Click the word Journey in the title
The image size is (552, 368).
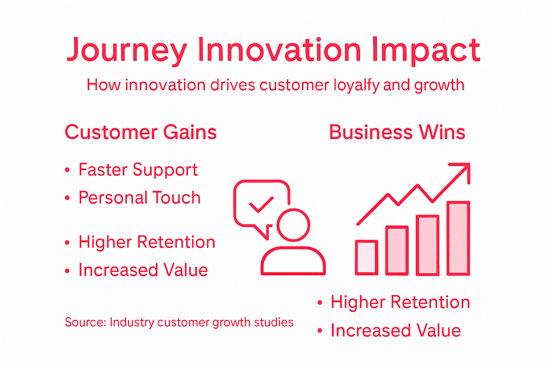point(127,50)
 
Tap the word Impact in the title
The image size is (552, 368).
point(426,50)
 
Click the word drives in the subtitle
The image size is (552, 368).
point(233,85)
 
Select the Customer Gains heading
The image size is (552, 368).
point(141,132)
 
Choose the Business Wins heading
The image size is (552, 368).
point(397,132)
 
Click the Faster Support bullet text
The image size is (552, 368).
point(138,170)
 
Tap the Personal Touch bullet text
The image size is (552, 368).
point(139,198)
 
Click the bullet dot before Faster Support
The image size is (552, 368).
point(67,170)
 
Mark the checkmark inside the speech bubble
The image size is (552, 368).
point(261,204)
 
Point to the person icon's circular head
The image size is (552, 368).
point(293,225)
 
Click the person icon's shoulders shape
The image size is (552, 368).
point(293,261)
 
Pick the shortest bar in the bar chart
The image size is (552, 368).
point(367,257)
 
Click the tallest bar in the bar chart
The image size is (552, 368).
point(458,238)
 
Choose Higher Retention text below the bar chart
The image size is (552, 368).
point(400,302)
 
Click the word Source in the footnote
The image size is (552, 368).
point(85,322)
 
